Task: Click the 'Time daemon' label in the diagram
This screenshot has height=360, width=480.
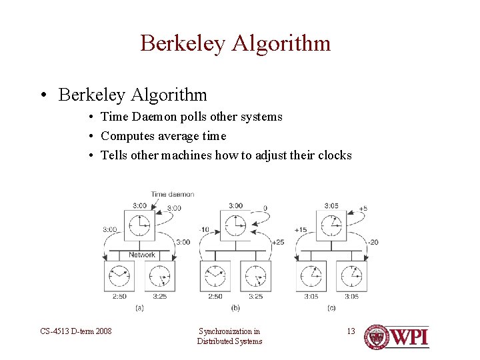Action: (172, 195)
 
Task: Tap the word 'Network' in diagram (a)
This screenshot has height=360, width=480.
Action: (141, 255)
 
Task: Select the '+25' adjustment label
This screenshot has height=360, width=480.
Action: (277, 242)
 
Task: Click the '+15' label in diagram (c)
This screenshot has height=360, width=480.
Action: (300, 230)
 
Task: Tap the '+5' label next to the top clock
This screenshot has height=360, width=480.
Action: (363, 208)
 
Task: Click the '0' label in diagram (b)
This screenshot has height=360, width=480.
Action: (265, 208)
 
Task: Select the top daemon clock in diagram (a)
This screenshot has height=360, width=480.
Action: (139, 225)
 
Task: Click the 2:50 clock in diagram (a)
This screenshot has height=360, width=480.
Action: (119, 275)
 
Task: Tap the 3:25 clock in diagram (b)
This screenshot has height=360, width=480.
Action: (255, 275)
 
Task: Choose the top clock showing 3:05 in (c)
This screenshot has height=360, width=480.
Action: (331, 225)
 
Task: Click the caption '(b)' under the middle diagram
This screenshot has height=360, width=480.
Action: (235, 307)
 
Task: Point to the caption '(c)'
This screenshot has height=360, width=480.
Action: (331, 307)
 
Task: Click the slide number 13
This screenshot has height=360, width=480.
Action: (351, 331)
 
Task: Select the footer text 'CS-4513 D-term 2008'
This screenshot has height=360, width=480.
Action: (76, 331)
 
